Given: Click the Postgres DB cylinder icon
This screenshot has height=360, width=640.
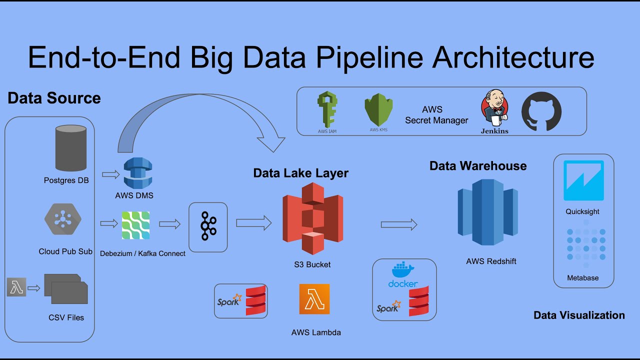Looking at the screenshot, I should (x=70, y=148).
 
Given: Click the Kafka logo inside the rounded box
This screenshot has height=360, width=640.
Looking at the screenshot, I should (x=208, y=226).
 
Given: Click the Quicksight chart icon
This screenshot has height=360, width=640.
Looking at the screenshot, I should (x=583, y=180).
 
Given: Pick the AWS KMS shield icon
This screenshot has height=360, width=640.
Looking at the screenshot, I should (x=378, y=110).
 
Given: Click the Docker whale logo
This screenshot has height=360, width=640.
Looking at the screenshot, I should (x=403, y=270).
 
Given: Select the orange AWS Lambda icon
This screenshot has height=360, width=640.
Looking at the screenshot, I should (x=314, y=299).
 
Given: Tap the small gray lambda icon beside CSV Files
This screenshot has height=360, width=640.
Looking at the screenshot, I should (x=16, y=288).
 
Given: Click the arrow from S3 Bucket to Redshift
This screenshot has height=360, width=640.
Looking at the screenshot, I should (x=398, y=225).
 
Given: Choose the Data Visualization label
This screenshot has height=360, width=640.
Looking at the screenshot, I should (x=579, y=315).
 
